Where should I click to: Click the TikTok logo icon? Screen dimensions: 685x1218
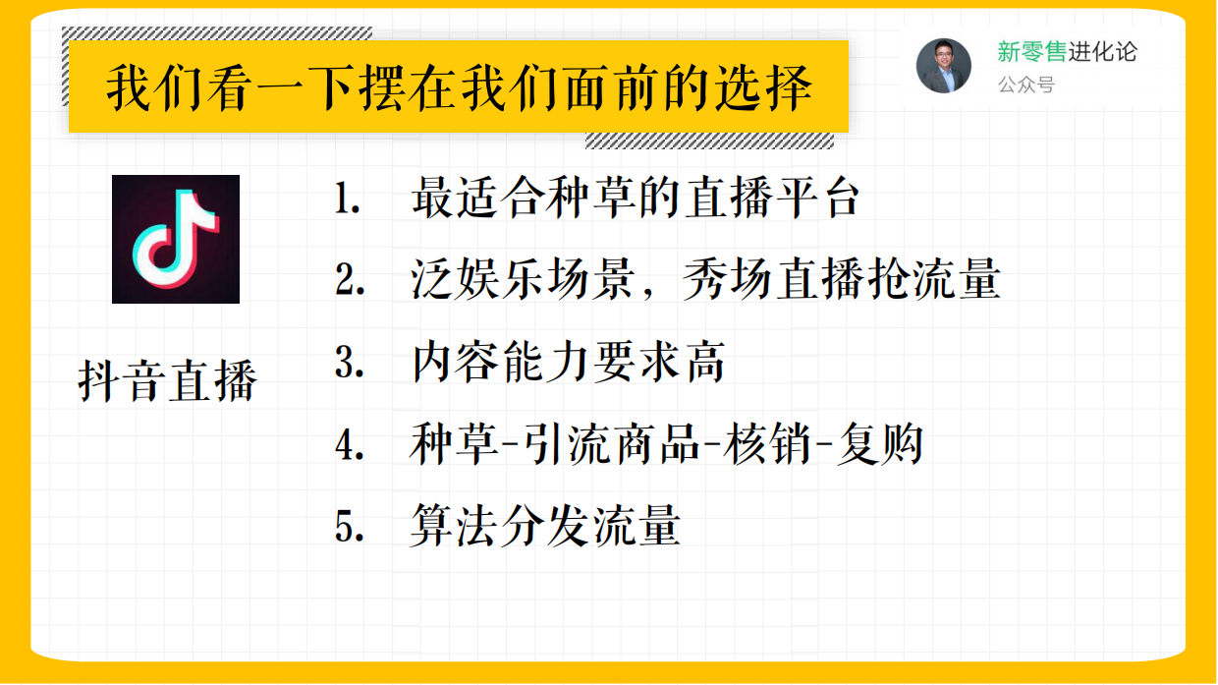pyautogui.click(x=176, y=239)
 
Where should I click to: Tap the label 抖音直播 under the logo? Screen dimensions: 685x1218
pyautogui.click(x=167, y=381)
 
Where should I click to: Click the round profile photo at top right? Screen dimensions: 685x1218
pyautogui.click(x=943, y=66)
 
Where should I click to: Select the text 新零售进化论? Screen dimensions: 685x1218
pyautogui.click(x=1067, y=52)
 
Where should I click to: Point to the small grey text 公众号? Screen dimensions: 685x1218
pyautogui.click(x=1025, y=86)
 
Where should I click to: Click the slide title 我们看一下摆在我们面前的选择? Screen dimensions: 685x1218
pyautogui.click(x=459, y=88)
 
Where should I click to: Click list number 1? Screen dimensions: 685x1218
pyautogui.click(x=347, y=200)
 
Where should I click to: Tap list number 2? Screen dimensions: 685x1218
pyautogui.click(x=348, y=282)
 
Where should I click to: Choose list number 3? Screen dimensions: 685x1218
pyautogui.click(x=348, y=364)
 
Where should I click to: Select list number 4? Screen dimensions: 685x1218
pyautogui.click(x=348, y=446)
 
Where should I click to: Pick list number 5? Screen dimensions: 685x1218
pyautogui.click(x=348, y=528)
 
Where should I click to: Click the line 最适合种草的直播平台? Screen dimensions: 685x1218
pyautogui.click(x=636, y=200)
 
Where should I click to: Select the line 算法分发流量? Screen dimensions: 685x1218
pyautogui.click(x=545, y=528)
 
